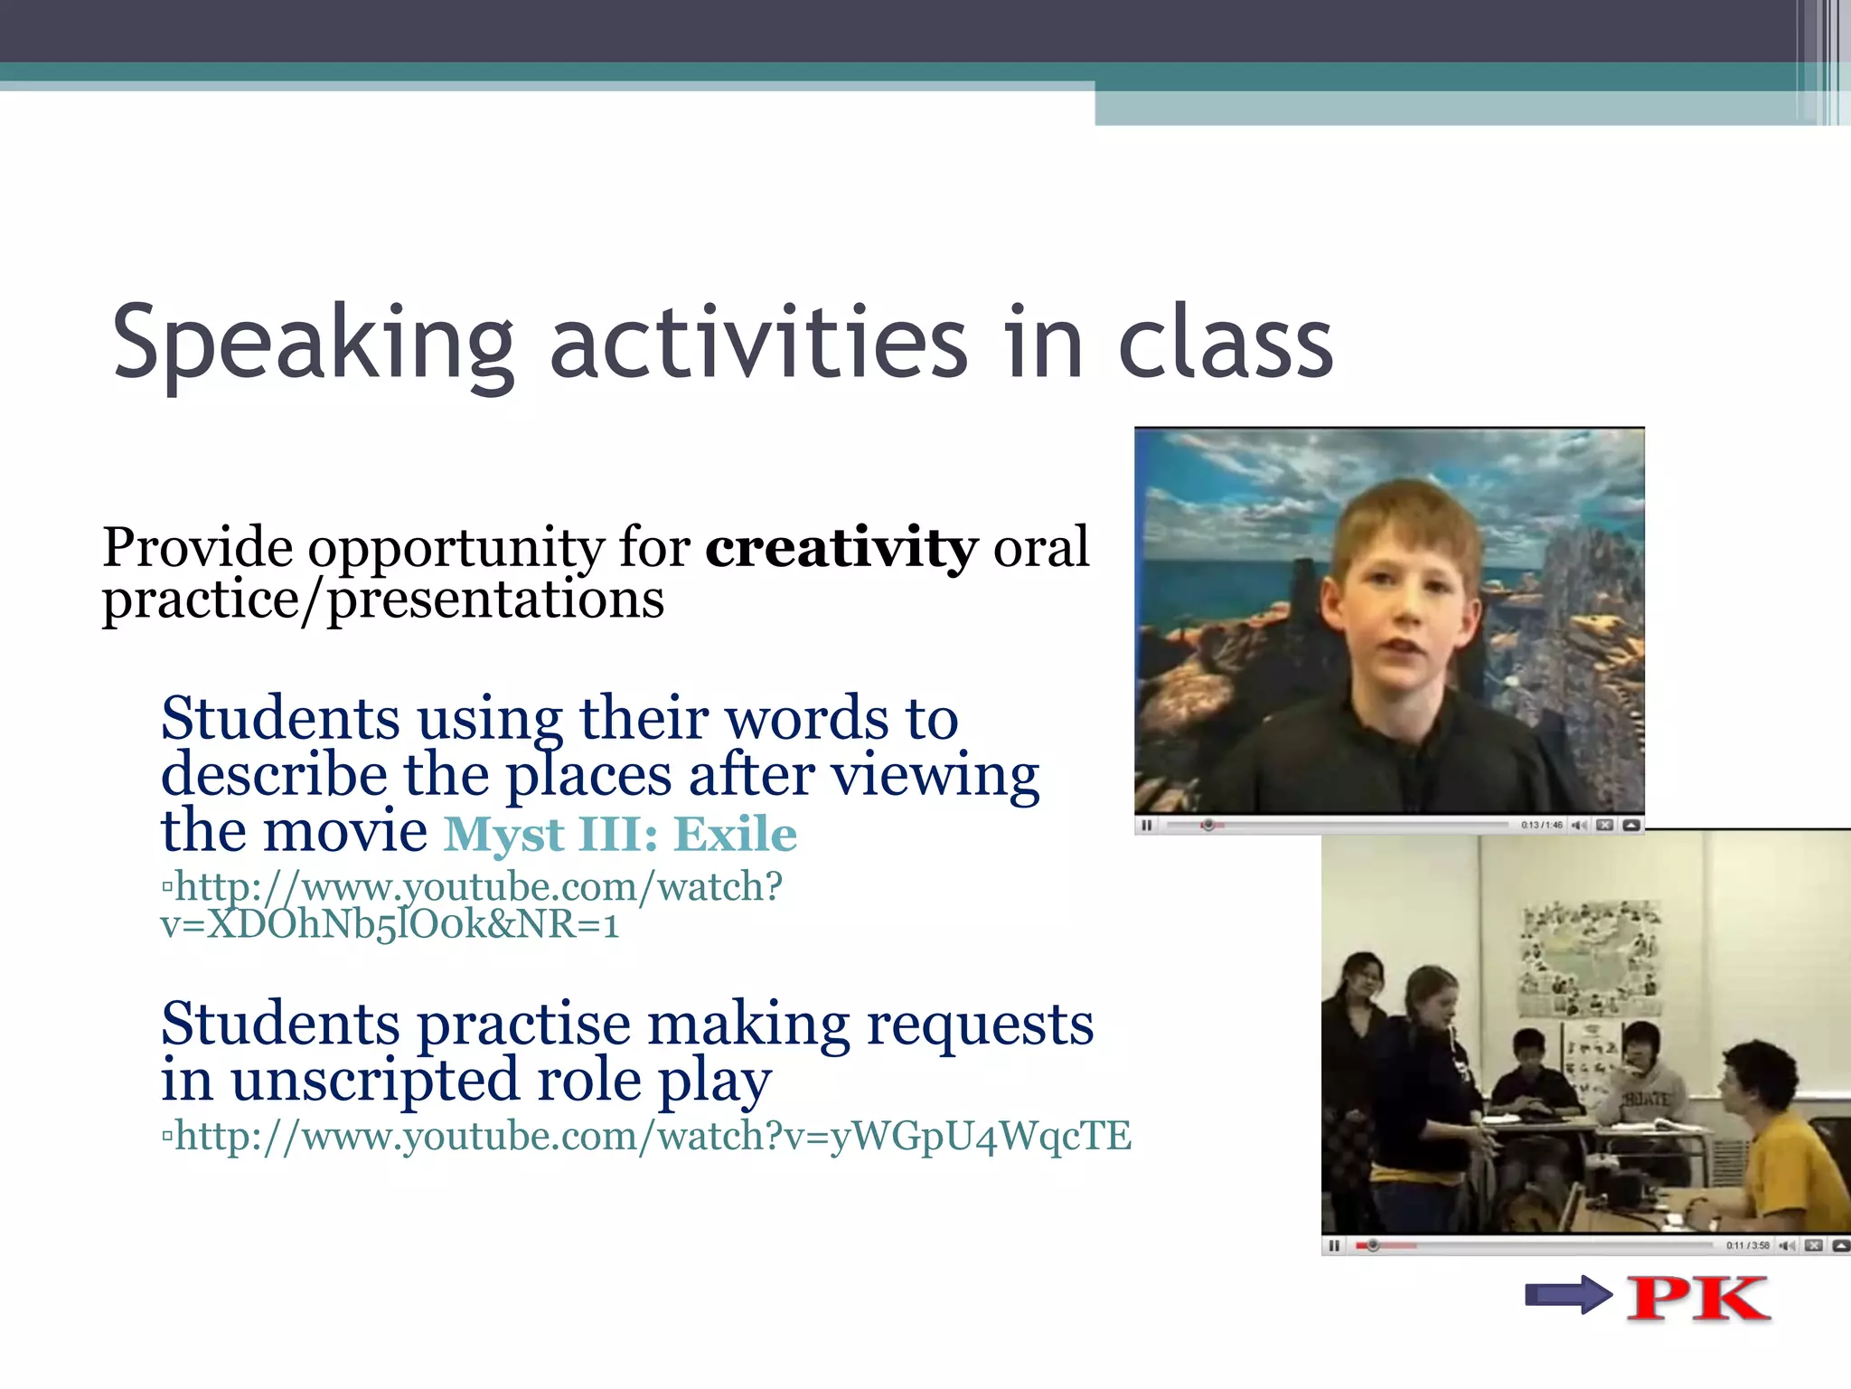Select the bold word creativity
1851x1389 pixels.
(841, 547)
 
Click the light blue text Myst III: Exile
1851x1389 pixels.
(620, 834)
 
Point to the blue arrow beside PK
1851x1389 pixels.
(1568, 1295)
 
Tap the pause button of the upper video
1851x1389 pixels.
(1147, 825)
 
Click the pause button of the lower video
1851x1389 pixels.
(1334, 1246)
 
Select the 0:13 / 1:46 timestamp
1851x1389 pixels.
(1541, 825)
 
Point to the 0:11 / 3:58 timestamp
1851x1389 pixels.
(1747, 1246)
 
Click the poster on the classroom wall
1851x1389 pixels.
(1590, 959)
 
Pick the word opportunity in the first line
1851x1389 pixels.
(456, 548)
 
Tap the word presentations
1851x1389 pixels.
(495, 599)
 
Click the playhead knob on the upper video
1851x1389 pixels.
(1208, 825)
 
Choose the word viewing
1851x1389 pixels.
(935, 775)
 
